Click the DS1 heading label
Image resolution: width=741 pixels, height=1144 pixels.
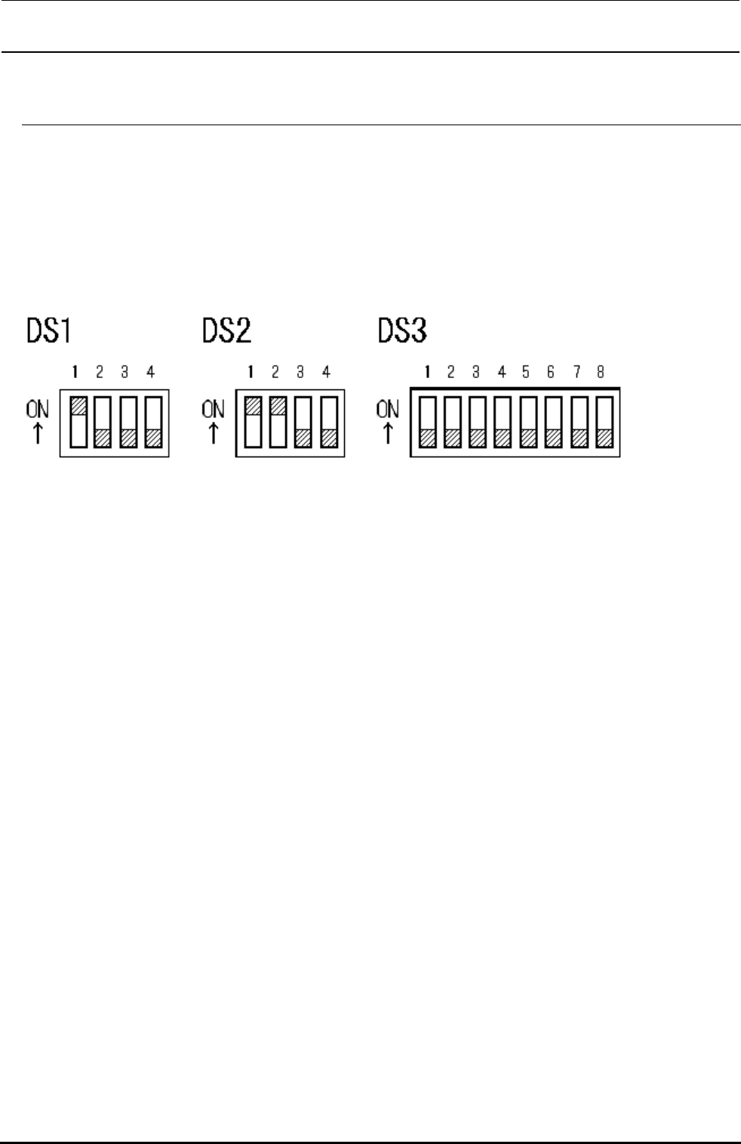point(50,331)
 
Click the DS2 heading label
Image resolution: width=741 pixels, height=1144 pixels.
point(226,331)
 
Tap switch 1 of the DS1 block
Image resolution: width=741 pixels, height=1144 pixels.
point(78,422)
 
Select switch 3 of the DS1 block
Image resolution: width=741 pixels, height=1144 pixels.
point(128,422)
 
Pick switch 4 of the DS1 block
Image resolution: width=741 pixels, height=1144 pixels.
point(153,422)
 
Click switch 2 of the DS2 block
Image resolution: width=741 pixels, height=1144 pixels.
point(278,422)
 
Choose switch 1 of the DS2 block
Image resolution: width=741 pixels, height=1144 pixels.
point(254,422)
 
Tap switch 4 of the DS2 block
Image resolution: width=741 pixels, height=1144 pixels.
point(328,422)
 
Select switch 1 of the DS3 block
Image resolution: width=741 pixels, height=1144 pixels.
point(427,422)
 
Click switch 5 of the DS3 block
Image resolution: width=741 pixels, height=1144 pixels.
point(527,422)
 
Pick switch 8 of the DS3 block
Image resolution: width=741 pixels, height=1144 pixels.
point(603,422)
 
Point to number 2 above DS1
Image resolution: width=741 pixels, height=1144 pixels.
point(100,372)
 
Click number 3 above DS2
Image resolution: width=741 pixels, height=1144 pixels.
point(300,372)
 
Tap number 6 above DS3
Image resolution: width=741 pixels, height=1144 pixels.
point(551,372)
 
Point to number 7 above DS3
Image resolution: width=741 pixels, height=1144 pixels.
point(577,372)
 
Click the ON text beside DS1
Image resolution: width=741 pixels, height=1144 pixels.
point(37,410)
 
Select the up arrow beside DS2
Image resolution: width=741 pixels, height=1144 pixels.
point(213,433)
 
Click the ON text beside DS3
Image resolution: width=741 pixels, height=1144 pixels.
point(388,410)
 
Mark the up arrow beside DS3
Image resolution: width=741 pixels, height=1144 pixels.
point(388,433)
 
